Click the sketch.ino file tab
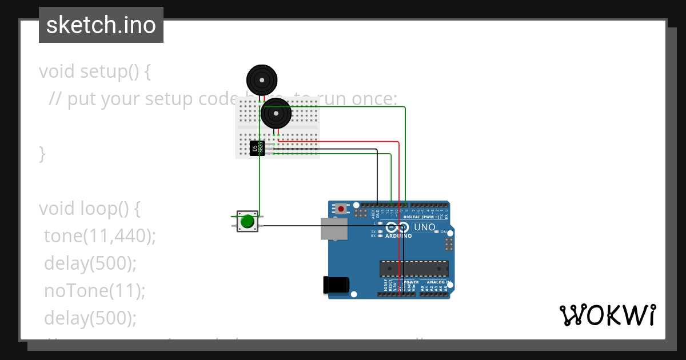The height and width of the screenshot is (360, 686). click(x=101, y=25)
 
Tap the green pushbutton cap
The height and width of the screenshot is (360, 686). click(x=248, y=221)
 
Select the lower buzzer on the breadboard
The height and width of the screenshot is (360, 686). click(x=276, y=113)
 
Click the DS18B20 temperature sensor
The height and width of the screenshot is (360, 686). click(x=257, y=148)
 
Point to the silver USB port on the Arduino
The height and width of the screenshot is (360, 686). click(x=334, y=228)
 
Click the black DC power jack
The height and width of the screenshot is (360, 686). click(x=336, y=285)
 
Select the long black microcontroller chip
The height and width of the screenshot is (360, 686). click(x=414, y=269)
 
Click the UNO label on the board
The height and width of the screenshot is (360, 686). click(x=424, y=227)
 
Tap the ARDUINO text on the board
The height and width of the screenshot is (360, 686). click(x=398, y=235)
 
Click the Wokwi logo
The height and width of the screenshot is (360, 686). click(x=607, y=315)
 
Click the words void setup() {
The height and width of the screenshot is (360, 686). click(x=95, y=71)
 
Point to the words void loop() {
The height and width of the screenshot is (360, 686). click(x=90, y=209)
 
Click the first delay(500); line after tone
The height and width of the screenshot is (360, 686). click(x=90, y=263)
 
